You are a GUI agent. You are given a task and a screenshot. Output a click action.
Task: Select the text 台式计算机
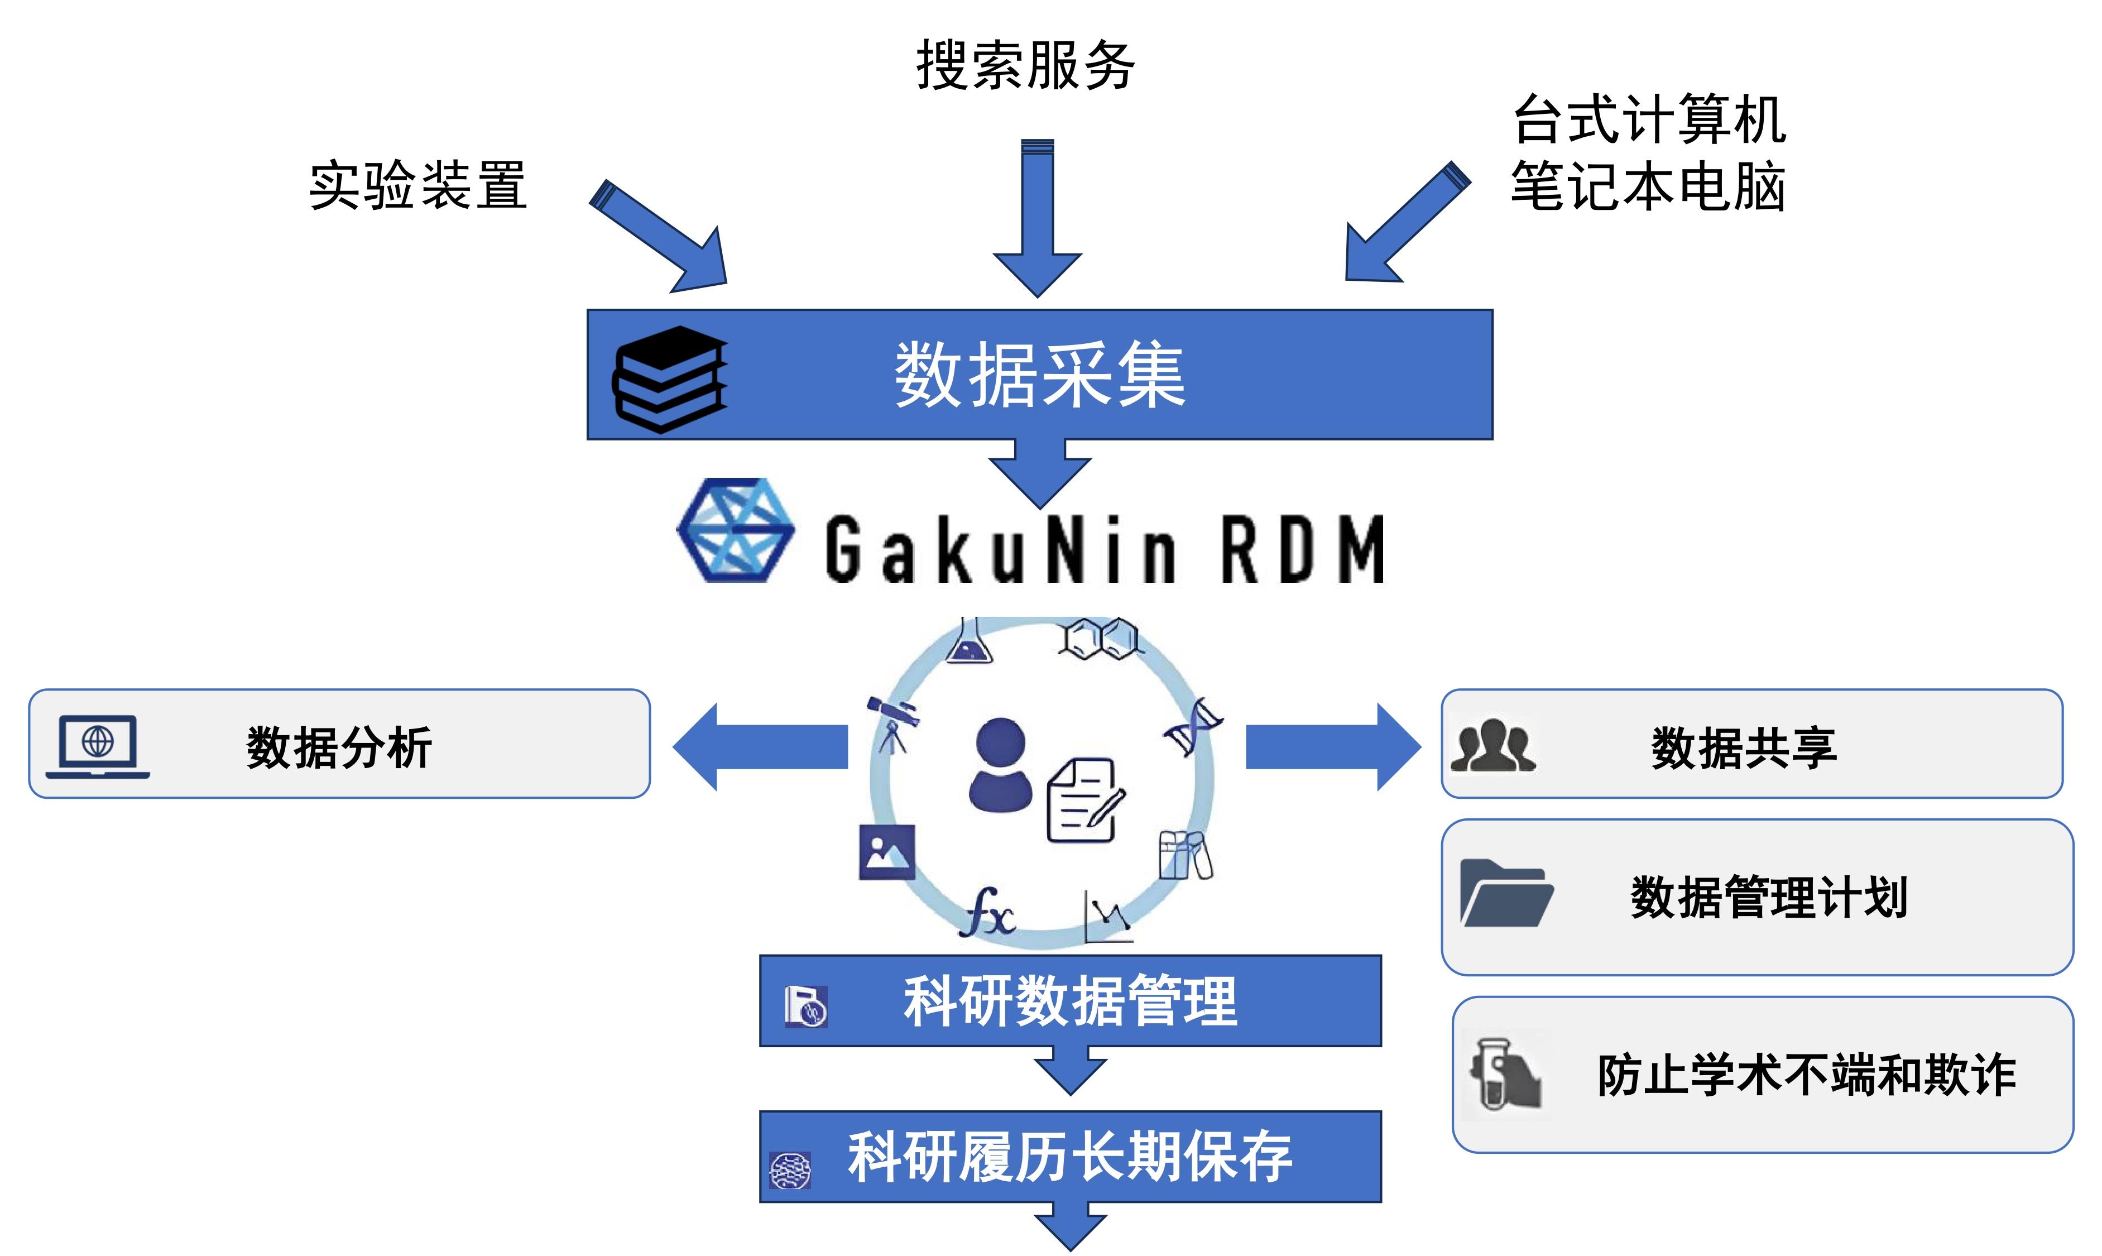tap(1648, 119)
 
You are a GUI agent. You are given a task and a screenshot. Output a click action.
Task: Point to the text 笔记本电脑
tap(1648, 186)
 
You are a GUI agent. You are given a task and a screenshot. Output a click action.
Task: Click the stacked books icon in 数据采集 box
tap(669, 378)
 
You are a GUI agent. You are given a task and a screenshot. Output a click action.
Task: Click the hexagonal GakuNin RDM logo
tap(735, 531)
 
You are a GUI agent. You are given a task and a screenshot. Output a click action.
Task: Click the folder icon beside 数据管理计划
tap(1505, 894)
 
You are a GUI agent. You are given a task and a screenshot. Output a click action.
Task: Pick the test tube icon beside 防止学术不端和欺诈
tap(1505, 1074)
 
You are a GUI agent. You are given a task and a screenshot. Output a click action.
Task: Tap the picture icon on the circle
tap(886, 851)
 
